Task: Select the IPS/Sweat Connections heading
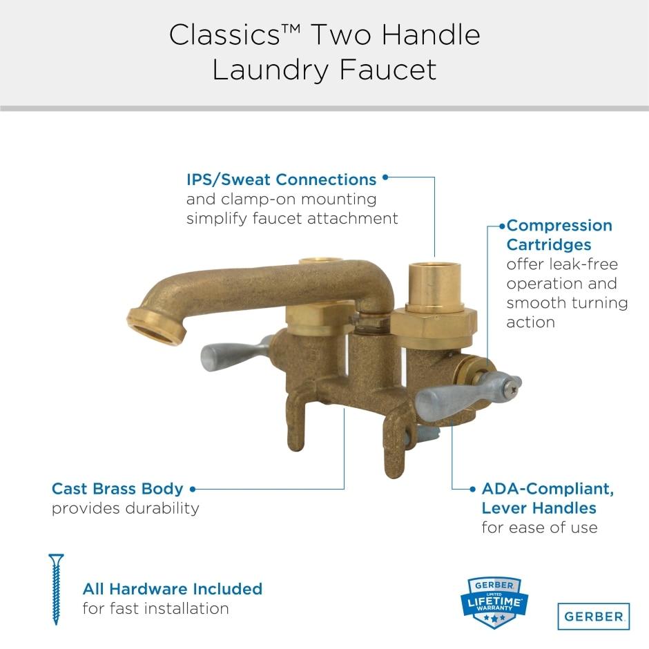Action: click(281, 180)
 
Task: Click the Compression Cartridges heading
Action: click(559, 235)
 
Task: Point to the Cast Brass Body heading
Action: click(117, 489)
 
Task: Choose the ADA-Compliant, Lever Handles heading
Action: click(547, 498)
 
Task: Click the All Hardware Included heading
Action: click(172, 589)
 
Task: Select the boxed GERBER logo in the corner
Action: click(593, 616)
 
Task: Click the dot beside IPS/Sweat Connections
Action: click(385, 177)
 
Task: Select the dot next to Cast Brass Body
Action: click(193, 489)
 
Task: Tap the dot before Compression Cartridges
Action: click(501, 226)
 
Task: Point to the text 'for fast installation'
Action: click(155, 609)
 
